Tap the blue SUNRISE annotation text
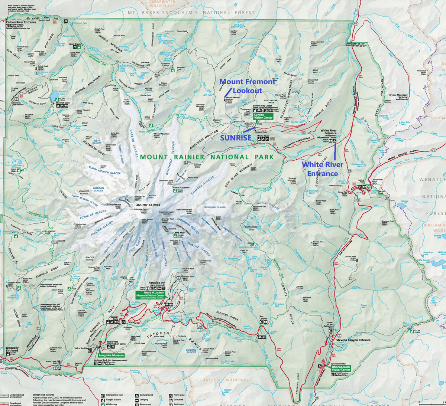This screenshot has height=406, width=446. pyautogui.click(x=235, y=138)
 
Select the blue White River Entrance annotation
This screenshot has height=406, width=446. pyautogui.click(x=322, y=169)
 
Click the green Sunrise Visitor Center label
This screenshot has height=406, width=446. pyautogui.click(x=263, y=117)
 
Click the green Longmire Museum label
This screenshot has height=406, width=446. pyautogui.click(x=111, y=355)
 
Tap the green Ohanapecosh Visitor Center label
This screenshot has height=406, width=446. pyautogui.click(x=340, y=368)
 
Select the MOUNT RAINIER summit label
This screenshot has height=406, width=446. pyautogui.click(x=148, y=205)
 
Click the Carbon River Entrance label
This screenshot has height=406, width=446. pyautogui.click(x=21, y=22)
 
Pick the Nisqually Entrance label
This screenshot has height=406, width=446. pyautogui.click(x=12, y=349)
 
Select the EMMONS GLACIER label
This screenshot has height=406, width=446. pyautogui.click(x=203, y=186)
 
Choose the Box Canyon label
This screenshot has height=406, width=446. pyautogui.click(x=263, y=318)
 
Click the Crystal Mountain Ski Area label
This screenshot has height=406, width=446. pyautogui.click(x=398, y=97)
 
